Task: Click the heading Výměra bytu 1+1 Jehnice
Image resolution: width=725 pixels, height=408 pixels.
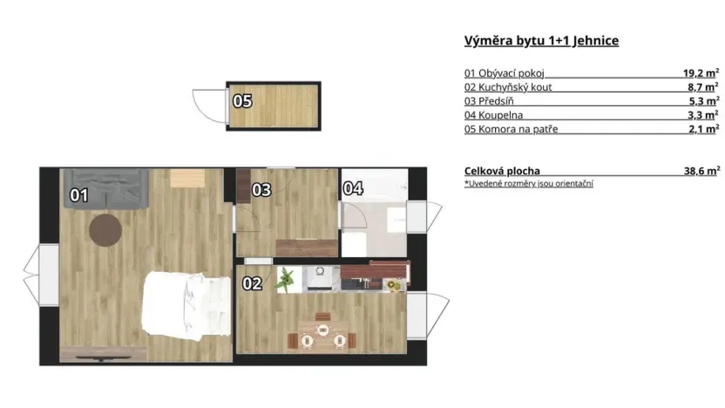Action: point(541,41)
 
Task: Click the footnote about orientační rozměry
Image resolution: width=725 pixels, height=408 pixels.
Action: point(529,184)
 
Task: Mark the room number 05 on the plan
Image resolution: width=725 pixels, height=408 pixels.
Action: point(241,101)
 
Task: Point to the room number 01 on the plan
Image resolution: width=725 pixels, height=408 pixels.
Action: point(79,196)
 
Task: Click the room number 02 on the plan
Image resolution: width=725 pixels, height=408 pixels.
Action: point(252,283)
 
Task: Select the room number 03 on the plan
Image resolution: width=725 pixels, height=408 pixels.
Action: point(261,189)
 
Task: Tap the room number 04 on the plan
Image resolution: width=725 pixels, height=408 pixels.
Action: point(352,187)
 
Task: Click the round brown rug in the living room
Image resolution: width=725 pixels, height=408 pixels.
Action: point(106,229)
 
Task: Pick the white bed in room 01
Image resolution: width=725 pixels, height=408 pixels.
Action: point(186,303)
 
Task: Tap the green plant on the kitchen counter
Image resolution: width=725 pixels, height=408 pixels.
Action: point(286,279)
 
